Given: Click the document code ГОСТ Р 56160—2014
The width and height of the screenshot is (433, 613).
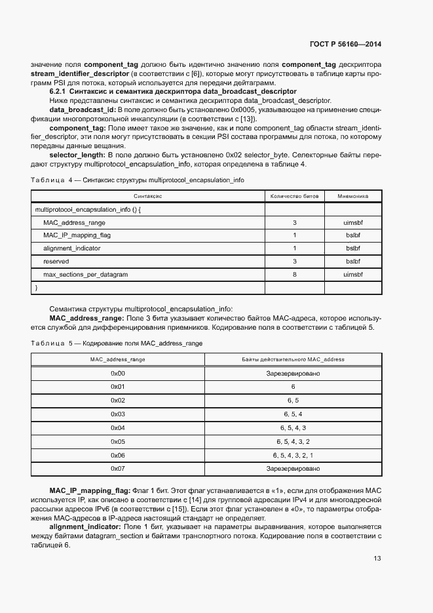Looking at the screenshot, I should click(345, 44).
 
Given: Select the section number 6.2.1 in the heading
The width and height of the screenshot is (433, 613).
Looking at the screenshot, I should click(60, 91).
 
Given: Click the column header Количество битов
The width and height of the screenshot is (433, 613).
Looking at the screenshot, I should click(294, 196).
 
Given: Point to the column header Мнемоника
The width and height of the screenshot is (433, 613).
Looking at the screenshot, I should click(352, 196).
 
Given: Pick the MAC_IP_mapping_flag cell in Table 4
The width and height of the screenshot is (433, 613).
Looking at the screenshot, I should click(77, 235).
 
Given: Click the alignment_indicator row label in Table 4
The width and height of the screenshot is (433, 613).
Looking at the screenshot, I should click(71, 248).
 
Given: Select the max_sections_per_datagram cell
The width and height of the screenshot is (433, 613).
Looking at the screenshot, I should click(85, 274).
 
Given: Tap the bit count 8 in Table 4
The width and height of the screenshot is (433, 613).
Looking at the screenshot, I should click(294, 274).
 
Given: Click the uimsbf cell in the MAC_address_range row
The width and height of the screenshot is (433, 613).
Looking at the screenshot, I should click(352, 222).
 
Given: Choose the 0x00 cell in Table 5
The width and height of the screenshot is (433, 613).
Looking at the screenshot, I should click(118, 373).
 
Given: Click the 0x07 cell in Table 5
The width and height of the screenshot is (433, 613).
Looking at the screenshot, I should click(118, 469).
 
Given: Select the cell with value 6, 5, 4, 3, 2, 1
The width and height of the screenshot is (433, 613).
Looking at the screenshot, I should click(293, 455).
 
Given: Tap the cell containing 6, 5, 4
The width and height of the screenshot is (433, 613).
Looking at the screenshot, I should click(293, 414).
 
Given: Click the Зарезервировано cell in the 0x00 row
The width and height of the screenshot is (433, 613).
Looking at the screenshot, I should click(293, 373).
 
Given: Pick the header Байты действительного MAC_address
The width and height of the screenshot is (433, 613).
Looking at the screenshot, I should click(293, 359).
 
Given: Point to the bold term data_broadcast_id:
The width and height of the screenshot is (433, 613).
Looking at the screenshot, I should click(83, 109).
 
